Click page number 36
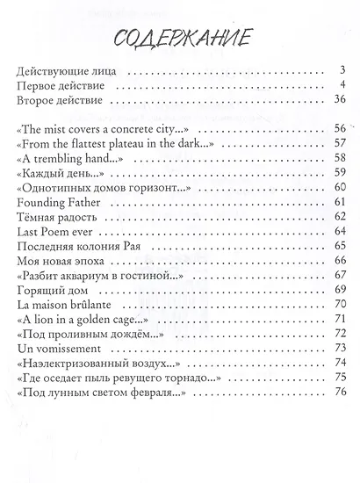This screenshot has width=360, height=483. (x=335, y=101)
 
